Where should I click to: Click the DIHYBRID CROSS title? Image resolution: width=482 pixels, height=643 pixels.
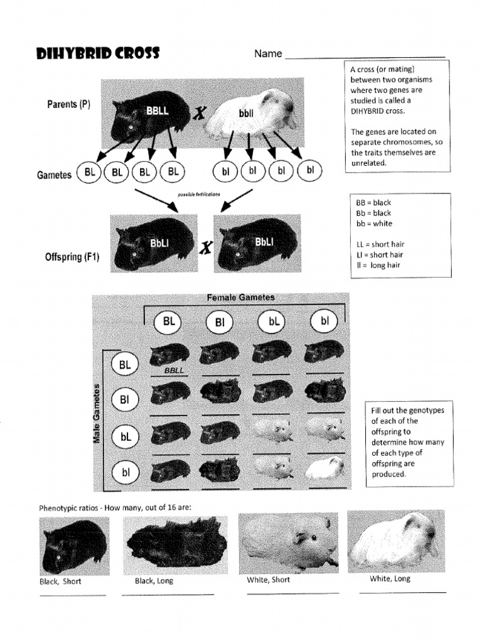pyautogui.click(x=98, y=54)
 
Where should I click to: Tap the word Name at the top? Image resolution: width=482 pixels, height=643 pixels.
pyautogui.click(x=268, y=54)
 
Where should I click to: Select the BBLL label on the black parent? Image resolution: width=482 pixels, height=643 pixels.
pyautogui.click(x=158, y=111)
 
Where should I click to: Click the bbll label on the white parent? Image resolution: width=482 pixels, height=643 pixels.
pyautogui.click(x=246, y=114)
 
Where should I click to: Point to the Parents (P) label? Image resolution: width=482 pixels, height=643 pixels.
pyautogui.click(x=68, y=104)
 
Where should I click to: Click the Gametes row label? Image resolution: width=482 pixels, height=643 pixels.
pyautogui.click(x=53, y=175)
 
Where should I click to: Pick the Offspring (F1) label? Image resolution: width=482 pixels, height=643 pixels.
pyautogui.click(x=72, y=257)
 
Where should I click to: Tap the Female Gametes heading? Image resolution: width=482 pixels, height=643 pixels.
pyautogui.click(x=240, y=297)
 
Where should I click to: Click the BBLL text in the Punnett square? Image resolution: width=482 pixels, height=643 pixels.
pyautogui.click(x=174, y=370)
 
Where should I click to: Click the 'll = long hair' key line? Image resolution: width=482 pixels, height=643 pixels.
pyautogui.click(x=378, y=265)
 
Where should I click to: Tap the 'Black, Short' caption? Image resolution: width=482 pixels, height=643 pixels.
pyautogui.click(x=60, y=581)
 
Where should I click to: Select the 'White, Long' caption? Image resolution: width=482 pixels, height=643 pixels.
pyautogui.click(x=390, y=579)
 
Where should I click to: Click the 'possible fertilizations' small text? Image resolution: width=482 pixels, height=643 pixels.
pyautogui.click(x=199, y=195)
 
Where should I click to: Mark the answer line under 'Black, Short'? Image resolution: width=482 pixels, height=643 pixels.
pyautogui.click(x=73, y=595)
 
